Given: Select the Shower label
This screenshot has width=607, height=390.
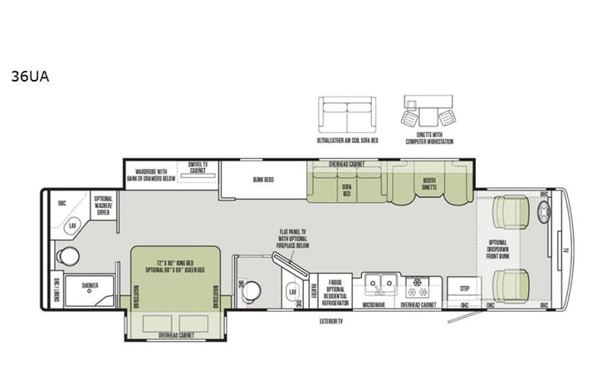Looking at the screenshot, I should pos(89,284).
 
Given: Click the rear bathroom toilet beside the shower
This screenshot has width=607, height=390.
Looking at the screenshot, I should pos(69,255).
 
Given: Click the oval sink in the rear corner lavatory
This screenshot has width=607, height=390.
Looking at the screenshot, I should pos(73,225).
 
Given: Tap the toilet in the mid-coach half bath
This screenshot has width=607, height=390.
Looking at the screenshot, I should pos(252,289).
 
